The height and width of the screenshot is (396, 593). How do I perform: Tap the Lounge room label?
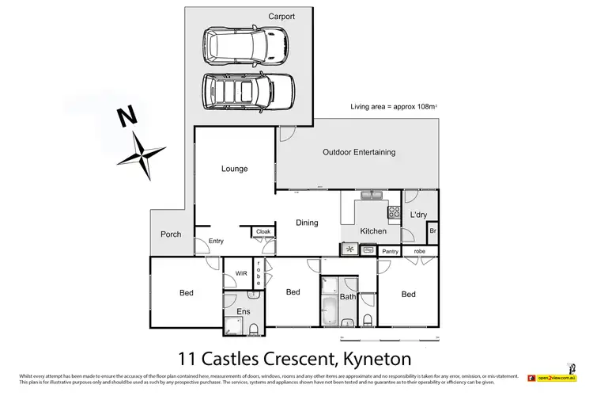point(234,169)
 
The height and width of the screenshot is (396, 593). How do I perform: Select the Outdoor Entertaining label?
point(359,152)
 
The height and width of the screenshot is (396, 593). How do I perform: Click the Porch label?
point(171,234)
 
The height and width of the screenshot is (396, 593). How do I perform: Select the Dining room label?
point(307,223)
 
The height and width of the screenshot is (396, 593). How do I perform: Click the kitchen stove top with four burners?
point(393,211)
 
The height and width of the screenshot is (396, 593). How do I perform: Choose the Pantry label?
point(389,251)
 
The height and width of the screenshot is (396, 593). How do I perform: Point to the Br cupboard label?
point(432,232)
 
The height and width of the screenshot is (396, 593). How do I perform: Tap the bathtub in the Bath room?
point(328,306)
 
